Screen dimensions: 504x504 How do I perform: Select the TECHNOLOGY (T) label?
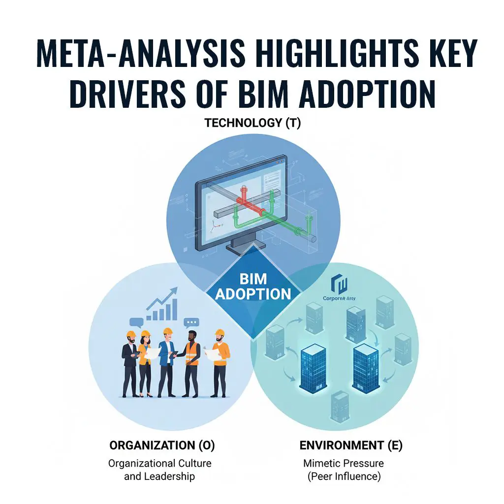pyautogui.click(x=252, y=123)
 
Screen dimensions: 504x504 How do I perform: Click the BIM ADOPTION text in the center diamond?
pyautogui.click(x=252, y=286)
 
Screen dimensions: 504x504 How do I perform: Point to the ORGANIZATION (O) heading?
pyautogui.click(x=162, y=446)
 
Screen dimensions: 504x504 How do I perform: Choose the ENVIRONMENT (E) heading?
pyautogui.click(x=351, y=446)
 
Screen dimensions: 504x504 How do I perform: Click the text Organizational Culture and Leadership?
pyautogui.click(x=159, y=470)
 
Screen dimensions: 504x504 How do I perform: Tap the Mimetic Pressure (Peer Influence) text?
pyautogui.click(x=343, y=470)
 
